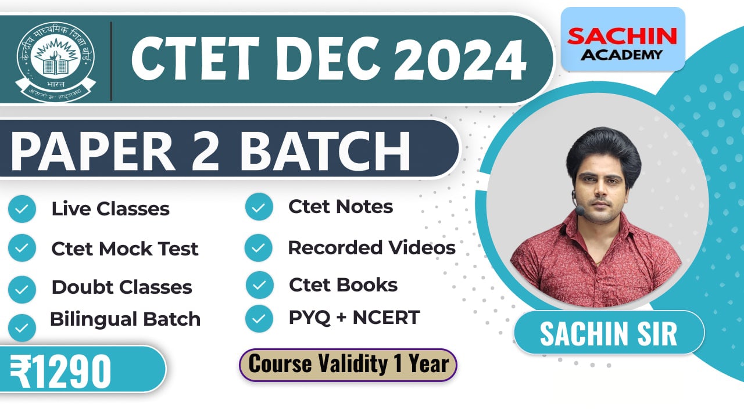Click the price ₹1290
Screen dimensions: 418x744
(61, 370)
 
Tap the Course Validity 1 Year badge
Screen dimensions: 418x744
(348, 365)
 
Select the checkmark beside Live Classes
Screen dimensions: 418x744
(22, 209)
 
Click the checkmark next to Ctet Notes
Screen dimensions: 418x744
(259, 207)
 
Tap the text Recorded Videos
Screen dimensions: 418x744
(371, 247)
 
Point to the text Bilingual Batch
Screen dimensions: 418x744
(125, 319)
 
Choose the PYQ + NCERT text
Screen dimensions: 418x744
(354, 318)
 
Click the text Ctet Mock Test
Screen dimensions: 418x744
(125, 249)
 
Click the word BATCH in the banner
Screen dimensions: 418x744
(325, 150)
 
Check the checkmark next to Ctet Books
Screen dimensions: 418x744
(259, 285)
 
